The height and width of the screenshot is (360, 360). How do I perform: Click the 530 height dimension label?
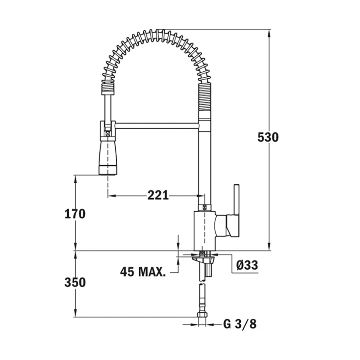pos(268,137)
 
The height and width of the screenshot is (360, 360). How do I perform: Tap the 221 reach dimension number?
pos(158,196)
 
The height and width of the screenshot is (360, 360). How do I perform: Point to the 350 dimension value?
pos(75,282)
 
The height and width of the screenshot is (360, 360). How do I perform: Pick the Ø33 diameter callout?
pos(247,265)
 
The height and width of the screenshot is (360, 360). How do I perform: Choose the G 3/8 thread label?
pos(240,324)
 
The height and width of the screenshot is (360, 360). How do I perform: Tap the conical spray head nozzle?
pos(108,157)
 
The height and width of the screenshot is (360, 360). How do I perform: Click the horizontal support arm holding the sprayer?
pos(157,126)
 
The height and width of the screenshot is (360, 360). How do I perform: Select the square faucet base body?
pos(205,231)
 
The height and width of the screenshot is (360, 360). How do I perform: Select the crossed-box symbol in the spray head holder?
pos(108,133)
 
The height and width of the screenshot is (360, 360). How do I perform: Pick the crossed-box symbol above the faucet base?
pos(205,207)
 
